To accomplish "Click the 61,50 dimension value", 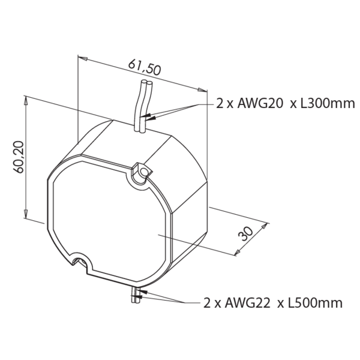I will pos(145,67).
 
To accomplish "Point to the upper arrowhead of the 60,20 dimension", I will pos(26,100).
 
